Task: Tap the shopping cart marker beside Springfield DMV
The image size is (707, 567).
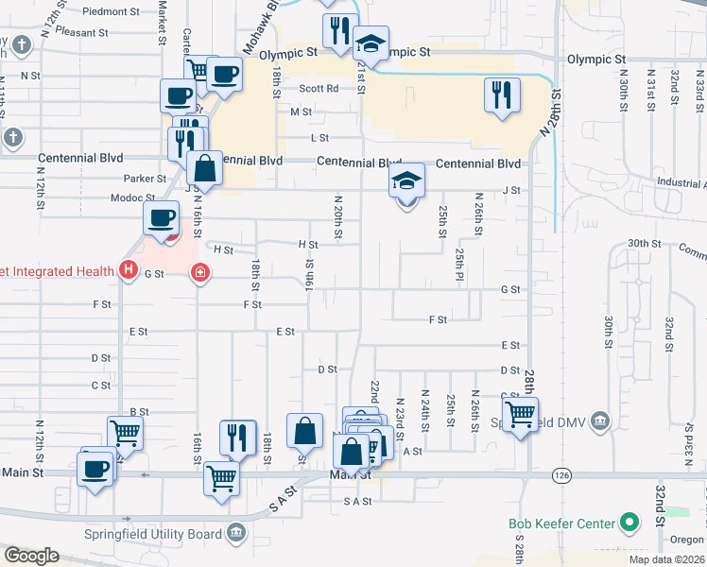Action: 520,413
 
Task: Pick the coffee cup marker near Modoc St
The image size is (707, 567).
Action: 161,217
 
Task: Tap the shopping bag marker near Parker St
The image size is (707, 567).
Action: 204,169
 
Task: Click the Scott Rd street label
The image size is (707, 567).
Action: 319,88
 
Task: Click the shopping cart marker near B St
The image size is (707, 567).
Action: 125,433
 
